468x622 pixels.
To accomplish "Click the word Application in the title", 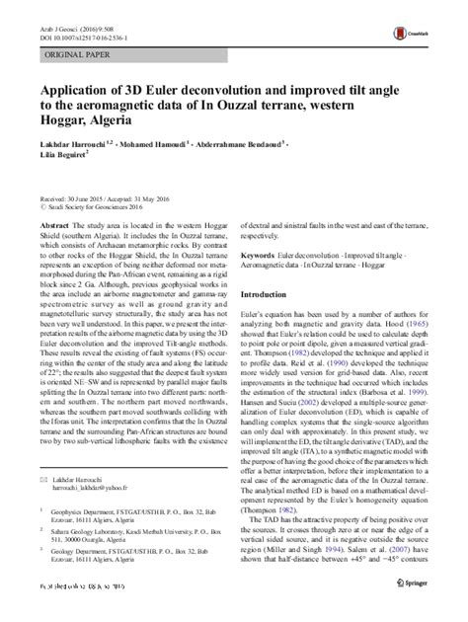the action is coord(76,88).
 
